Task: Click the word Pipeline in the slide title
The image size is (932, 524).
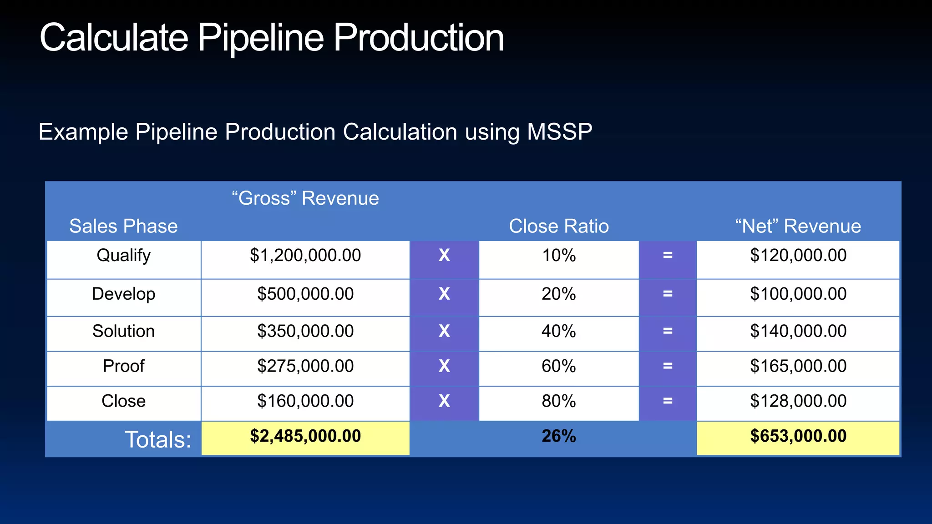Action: (260, 38)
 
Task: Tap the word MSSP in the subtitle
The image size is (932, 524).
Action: (559, 132)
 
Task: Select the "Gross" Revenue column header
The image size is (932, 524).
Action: (305, 198)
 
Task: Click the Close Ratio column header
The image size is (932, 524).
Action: (558, 226)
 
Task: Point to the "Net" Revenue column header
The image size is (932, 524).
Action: (798, 226)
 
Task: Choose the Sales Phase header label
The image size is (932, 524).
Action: (123, 226)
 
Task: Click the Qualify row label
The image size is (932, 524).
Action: (123, 256)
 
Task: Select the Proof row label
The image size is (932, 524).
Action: (123, 366)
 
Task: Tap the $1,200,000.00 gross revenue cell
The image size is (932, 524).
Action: (305, 256)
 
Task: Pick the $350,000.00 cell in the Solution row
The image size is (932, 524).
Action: (305, 331)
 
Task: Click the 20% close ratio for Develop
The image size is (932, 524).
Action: (558, 294)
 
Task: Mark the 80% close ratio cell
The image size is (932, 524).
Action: (558, 401)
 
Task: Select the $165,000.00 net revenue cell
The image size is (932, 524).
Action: (798, 366)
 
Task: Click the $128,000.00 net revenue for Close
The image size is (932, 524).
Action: (798, 401)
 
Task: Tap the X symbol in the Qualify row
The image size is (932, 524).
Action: (444, 256)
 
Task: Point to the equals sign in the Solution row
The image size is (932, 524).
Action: (667, 331)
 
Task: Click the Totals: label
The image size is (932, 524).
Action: (157, 439)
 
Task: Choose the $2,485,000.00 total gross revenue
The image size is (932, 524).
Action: (305, 436)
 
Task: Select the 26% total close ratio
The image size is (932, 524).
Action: (558, 436)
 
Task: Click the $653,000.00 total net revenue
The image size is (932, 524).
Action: (798, 436)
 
